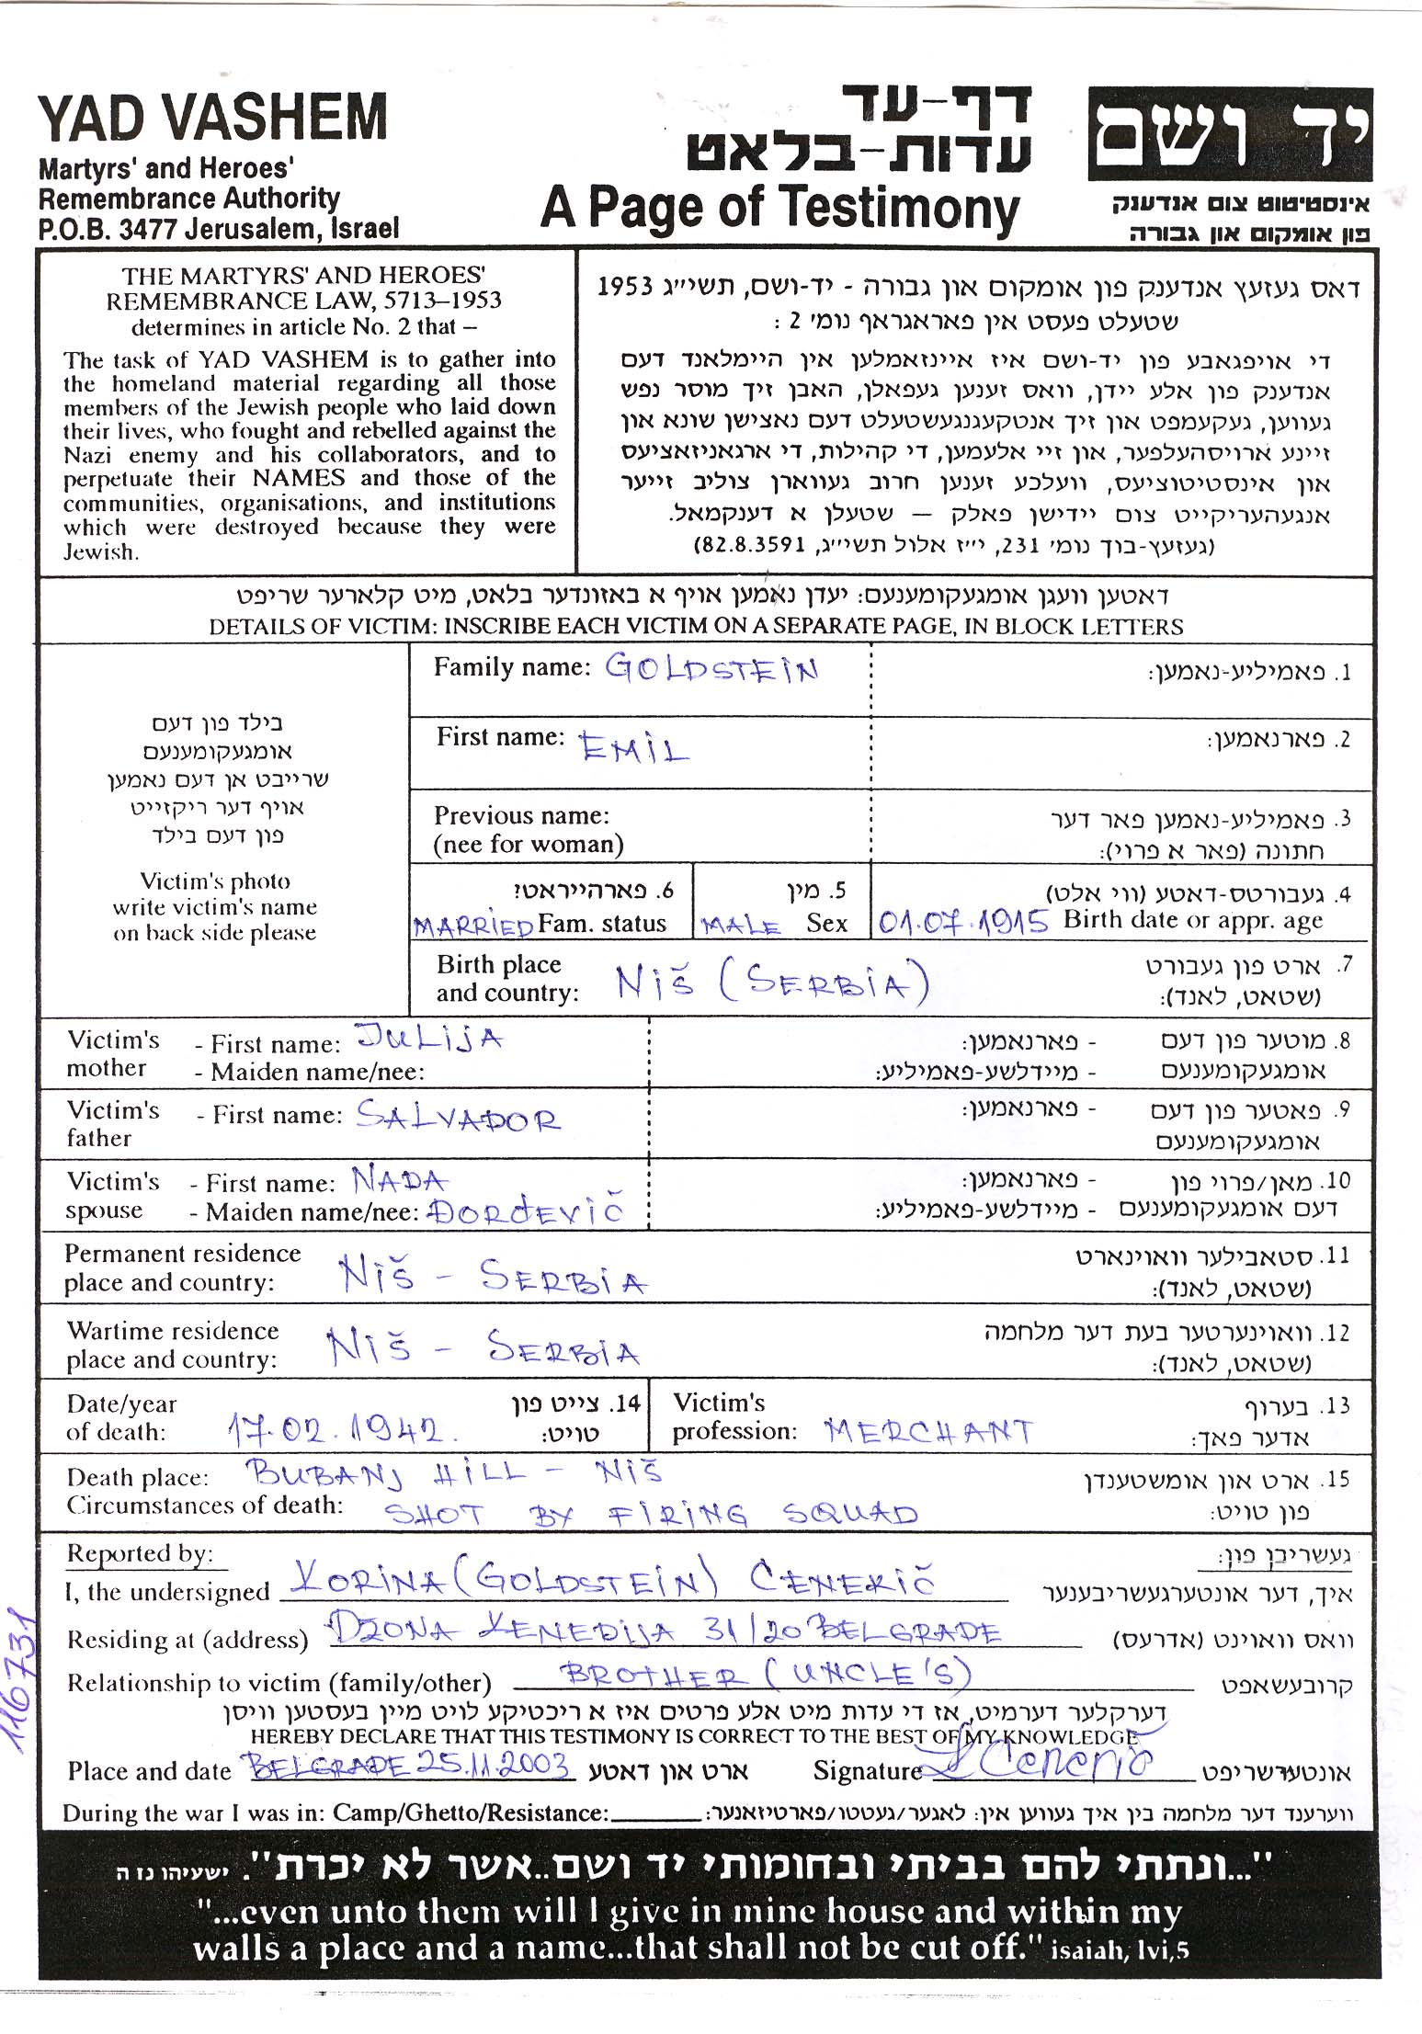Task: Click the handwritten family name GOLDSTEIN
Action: coord(711,669)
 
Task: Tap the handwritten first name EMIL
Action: coord(633,749)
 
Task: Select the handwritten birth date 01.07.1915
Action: coord(962,922)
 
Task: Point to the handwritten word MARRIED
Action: coord(473,926)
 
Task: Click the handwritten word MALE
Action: coord(741,926)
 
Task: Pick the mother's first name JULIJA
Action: coord(429,1040)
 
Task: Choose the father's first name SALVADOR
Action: coord(458,1117)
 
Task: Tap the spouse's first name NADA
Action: coord(400,1180)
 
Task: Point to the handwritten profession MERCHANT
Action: coord(928,1431)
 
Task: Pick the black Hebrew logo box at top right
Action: coord(1230,135)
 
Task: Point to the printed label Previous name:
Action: coord(521,816)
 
